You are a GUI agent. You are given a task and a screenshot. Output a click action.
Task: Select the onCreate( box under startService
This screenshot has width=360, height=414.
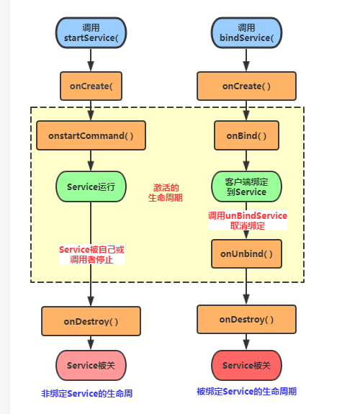(x=91, y=86)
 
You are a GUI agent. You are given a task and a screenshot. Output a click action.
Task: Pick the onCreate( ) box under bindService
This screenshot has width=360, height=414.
(x=246, y=86)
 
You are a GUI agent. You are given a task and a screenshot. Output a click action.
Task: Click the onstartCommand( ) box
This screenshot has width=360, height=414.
(x=91, y=135)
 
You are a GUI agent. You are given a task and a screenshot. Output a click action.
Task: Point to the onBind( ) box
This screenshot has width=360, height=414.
(x=246, y=135)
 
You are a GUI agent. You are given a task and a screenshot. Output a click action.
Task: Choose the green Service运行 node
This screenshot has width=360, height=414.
(x=91, y=186)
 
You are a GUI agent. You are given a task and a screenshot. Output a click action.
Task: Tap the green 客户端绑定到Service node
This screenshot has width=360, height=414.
(x=246, y=186)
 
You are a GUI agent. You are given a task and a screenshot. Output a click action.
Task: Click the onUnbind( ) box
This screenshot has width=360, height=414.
(x=246, y=253)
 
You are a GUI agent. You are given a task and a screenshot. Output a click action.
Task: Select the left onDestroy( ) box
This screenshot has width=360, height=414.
(x=91, y=321)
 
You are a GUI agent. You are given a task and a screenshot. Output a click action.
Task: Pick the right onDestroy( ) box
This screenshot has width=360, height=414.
(x=246, y=319)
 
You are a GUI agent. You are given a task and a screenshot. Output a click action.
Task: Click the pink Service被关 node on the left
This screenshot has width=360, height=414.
(x=91, y=365)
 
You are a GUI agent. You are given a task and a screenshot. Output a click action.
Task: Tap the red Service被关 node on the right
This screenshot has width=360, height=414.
(x=246, y=365)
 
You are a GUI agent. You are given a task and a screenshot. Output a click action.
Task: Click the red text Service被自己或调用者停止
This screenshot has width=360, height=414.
(x=91, y=255)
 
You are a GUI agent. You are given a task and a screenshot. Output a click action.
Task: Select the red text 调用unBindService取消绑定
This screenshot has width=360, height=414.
(x=247, y=220)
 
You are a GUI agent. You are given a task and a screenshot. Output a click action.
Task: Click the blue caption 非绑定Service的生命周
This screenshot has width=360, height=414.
(x=86, y=394)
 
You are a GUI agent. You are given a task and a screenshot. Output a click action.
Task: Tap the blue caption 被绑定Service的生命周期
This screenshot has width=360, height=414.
(x=246, y=392)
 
